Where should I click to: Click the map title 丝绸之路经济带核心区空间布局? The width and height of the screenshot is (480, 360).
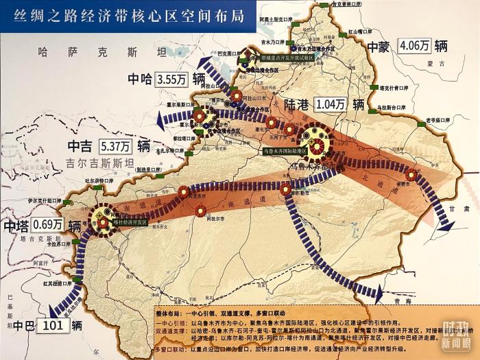click(x=130, y=16)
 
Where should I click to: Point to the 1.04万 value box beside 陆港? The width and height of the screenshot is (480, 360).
click(x=331, y=104)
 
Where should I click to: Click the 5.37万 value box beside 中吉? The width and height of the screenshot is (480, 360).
click(x=115, y=146)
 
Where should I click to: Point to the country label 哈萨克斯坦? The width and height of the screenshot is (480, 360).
click(x=103, y=51)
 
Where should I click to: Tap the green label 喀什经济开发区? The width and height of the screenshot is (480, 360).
click(x=130, y=222)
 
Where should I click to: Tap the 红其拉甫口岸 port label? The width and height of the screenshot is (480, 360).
click(x=57, y=282)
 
